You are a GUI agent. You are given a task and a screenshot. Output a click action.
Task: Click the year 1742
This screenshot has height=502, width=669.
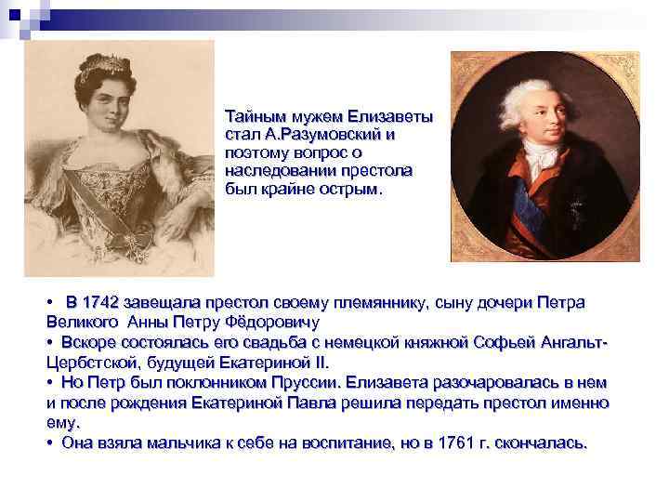tap(101, 304)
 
